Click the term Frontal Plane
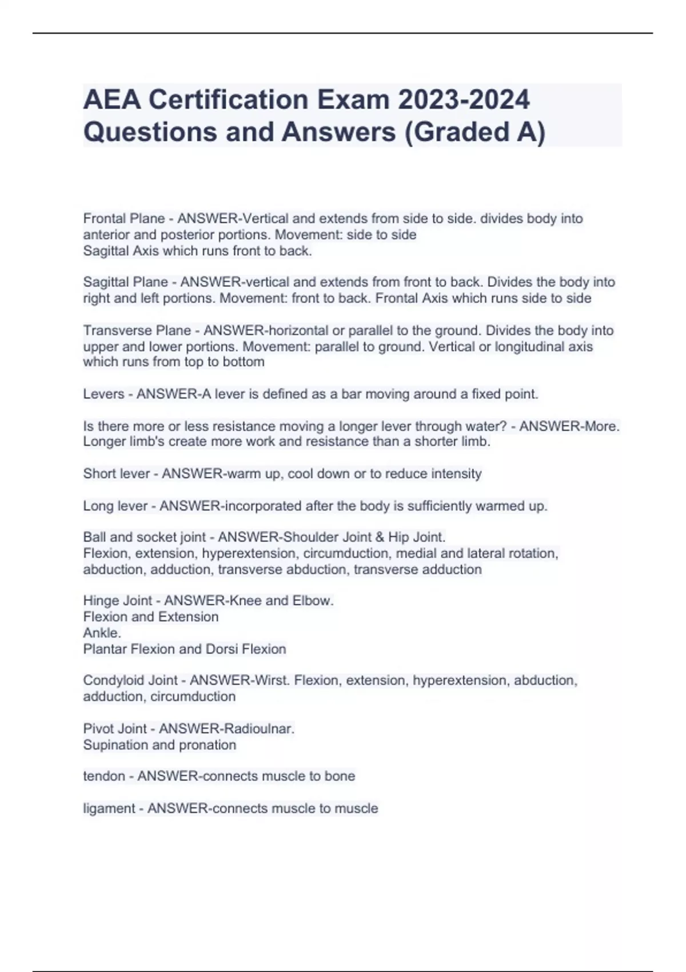click(x=123, y=218)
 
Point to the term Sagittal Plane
click(x=126, y=282)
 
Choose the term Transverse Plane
click(x=137, y=330)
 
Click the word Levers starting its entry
click(x=103, y=394)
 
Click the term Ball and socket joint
click(x=144, y=537)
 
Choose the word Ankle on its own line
click(x=102, y=633)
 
